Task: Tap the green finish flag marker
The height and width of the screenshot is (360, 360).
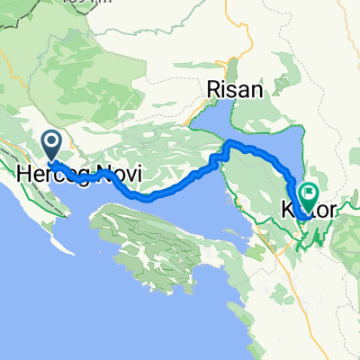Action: click(310, 193)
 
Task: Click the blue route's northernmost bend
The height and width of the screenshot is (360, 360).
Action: click(230, 142)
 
